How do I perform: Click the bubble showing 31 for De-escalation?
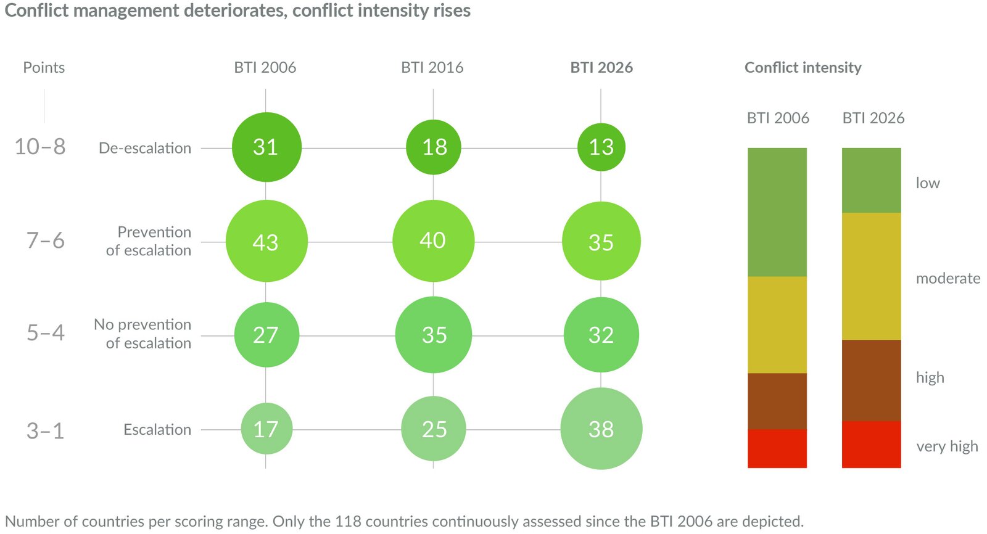(x=266, y=147)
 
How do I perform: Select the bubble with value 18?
(x=434, y=147)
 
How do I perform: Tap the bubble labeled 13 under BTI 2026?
(x=601, y=147)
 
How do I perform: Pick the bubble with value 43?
(x=266, y=241)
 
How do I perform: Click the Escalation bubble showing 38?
(x=601, y=429)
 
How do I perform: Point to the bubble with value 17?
(x=266, y=429)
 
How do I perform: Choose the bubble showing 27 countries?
(x=266, y=335)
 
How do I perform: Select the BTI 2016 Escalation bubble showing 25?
(x=434, y=429)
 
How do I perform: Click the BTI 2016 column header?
(x=432, y=67)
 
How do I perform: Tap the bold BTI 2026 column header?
(x=601, y=67)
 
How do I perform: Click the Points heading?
(x=44, y=67)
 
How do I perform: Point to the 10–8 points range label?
(x=40, y=147)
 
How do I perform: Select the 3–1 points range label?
(x=45, y=430)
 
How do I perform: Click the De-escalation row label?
(x=145, y=148)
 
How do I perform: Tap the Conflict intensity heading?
(x=803, y=67)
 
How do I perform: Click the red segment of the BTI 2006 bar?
(x=777, y=448)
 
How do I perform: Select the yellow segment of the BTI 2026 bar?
(x=871, y=276)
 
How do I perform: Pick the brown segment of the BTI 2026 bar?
(x=871, y=380)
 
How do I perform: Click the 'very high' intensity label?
(x=947, y=446)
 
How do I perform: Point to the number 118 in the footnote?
(x=349, y=521)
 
